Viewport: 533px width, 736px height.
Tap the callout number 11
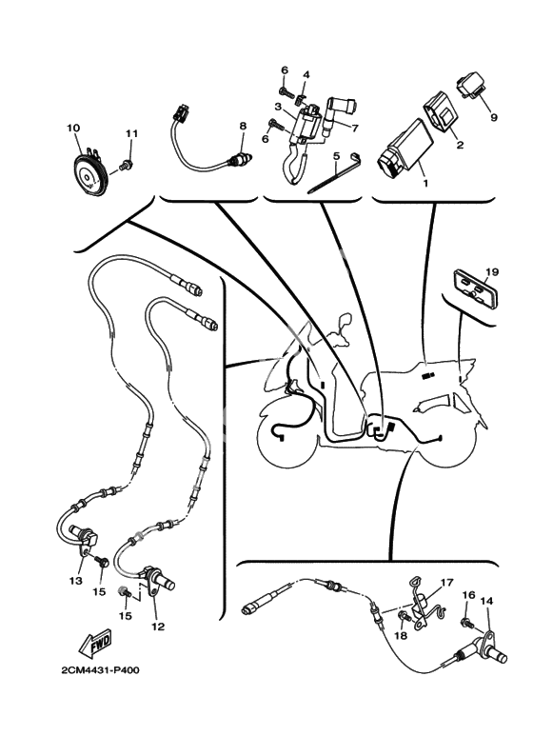click(132, 134)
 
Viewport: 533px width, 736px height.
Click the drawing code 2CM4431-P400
click(100, 669)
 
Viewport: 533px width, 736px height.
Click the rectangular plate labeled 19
click(473, 288)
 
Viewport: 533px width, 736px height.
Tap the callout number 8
click(243, 126)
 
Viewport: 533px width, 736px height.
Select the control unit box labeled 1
click(404, 147)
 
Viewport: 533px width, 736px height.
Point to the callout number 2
click(460, 145)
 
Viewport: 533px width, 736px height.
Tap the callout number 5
click(335, 155)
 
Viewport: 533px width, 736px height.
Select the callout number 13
click(75, 581)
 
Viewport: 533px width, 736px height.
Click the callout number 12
click(158, 627)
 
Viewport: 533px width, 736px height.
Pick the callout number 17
click(446, 583)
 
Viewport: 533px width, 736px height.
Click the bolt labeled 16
click(466, 623)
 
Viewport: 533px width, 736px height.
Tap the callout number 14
click(486, 601)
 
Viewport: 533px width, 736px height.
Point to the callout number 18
click(401, 636)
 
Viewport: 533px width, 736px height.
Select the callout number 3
click(278, 107)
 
